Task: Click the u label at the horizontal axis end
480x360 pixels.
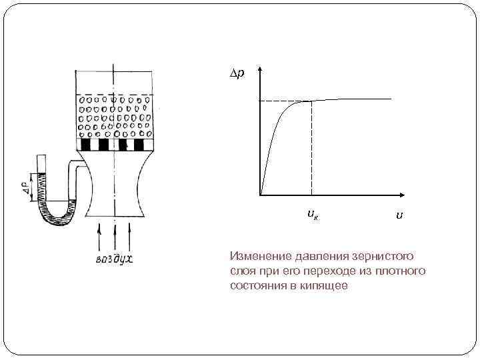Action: pyautogui.click(x=398, y=215)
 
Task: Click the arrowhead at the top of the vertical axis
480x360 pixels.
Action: pyautogui.click(x=260, y=70)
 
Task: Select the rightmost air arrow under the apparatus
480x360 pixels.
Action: pyautogui.click(x=130, y=236)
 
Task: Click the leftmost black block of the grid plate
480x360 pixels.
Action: pyautogui.click(x=85, y=145)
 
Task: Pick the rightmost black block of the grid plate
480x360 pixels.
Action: pyautogui.click(x=139, y=145)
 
